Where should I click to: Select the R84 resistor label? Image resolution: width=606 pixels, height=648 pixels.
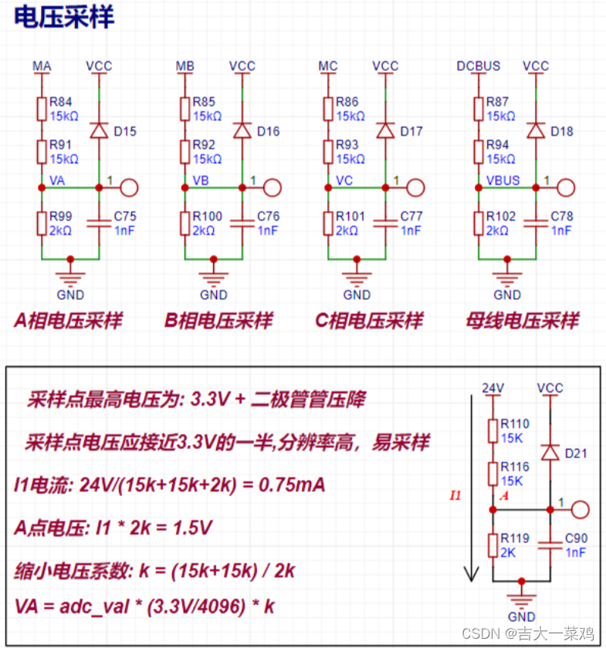point(61,101)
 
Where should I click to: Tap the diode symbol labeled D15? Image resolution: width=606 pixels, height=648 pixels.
point(99,130)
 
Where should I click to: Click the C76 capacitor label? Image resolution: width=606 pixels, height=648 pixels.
point(268,216)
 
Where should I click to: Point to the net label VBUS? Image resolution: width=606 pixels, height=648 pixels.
point(503,181)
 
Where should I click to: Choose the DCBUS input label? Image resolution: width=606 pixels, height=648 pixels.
point(479,66)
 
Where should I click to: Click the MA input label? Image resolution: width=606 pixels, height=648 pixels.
point(42,66)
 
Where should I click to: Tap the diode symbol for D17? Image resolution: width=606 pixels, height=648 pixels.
point(385,130)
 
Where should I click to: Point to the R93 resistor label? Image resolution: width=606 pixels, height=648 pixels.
point(348,144)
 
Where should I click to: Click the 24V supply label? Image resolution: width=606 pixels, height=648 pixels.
point(493,387)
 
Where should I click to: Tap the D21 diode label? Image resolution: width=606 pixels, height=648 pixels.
point(576,453)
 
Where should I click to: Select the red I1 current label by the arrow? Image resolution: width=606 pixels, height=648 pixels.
point(455,495)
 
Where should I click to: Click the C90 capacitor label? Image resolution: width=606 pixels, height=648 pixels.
point(576,538)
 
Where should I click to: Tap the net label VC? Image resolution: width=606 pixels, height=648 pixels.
point(345,181)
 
